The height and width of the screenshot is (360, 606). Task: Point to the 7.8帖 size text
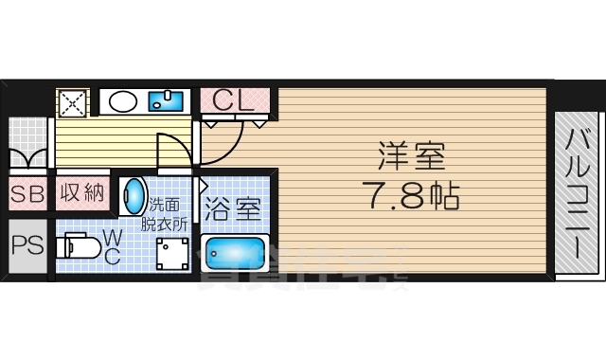[412, 196]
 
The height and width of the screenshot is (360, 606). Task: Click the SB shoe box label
[27, 195]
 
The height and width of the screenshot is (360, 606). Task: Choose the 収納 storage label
[81, 194]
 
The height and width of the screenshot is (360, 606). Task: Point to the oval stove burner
[121, 99]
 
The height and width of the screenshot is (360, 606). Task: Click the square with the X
[72, 101]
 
